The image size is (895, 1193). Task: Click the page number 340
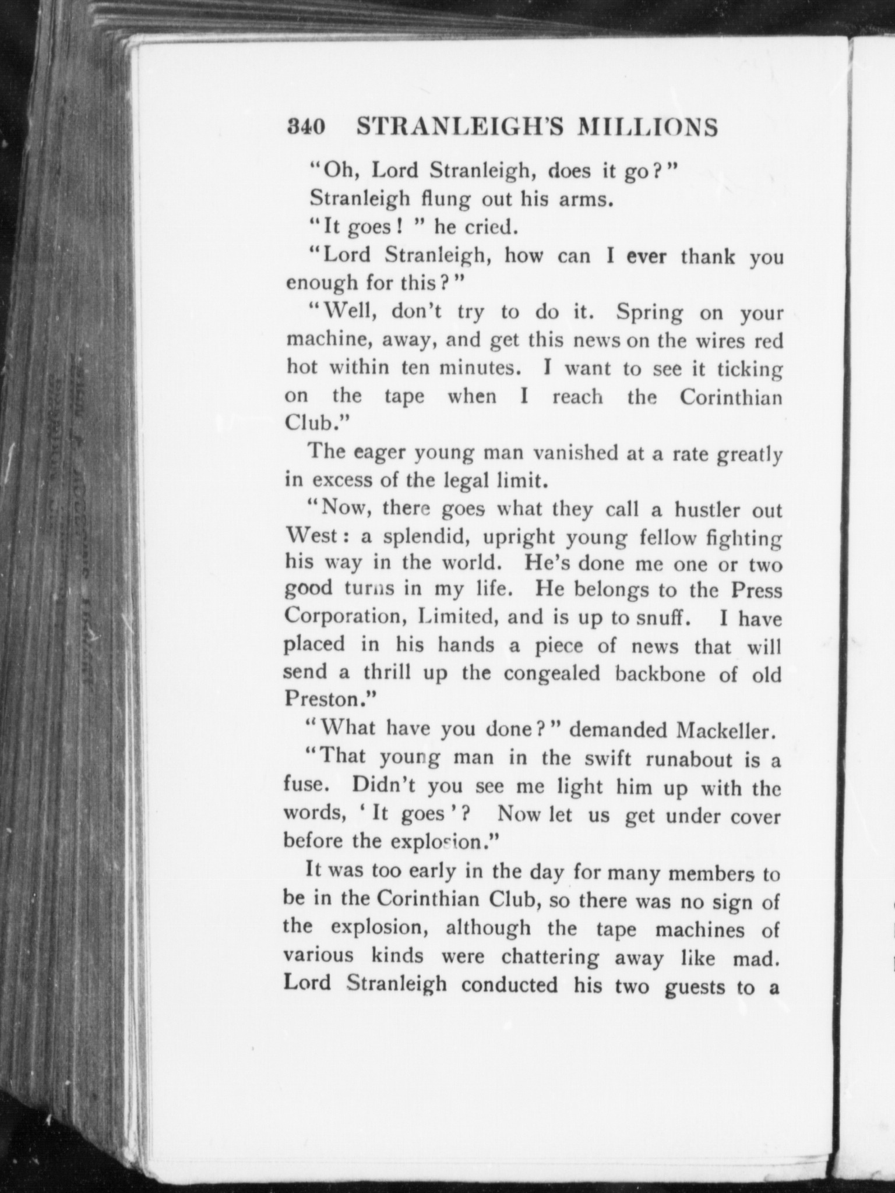[x=305, y=128]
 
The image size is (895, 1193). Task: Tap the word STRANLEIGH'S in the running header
[x=455, y=128]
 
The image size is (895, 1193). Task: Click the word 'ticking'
[x=749, y=369]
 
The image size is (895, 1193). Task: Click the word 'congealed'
[x=551, y=673]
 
